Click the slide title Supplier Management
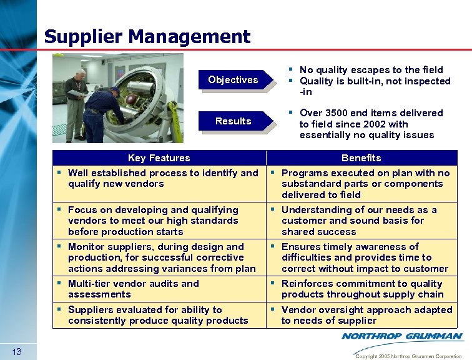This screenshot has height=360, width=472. click(147, 36)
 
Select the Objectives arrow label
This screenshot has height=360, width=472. click(233, 80)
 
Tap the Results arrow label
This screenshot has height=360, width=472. click(233, 121)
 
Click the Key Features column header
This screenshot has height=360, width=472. click(159, 158)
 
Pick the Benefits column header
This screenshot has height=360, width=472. click(361, 158)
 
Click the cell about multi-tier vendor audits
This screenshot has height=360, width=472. click(159, 289)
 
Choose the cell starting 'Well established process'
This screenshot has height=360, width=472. click(159, 178)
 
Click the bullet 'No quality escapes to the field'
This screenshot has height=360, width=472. click(371, 70)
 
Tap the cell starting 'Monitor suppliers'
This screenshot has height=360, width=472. click(159, 257)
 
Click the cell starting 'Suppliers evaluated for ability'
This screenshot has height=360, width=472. click(159, 315)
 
